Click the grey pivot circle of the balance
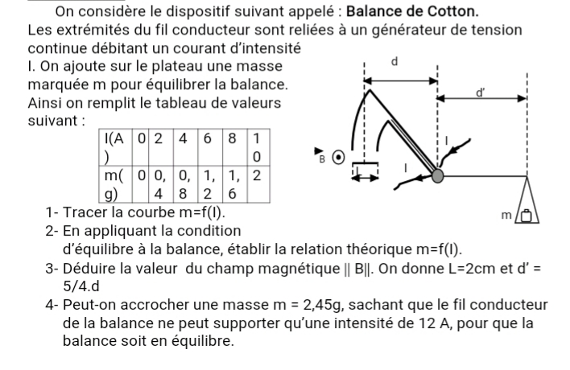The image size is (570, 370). tap(437, 175)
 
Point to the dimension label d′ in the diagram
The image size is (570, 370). tap(481, 94)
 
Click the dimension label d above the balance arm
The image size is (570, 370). tap(394, 62)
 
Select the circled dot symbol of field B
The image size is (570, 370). tap(341, 157)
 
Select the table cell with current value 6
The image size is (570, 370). tap(209, 138)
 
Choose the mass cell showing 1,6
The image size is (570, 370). tap(233, 183)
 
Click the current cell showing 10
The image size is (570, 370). tap(257, 146)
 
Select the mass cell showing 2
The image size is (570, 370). tap(257, 175)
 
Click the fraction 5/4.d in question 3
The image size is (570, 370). tap(89, 286)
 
